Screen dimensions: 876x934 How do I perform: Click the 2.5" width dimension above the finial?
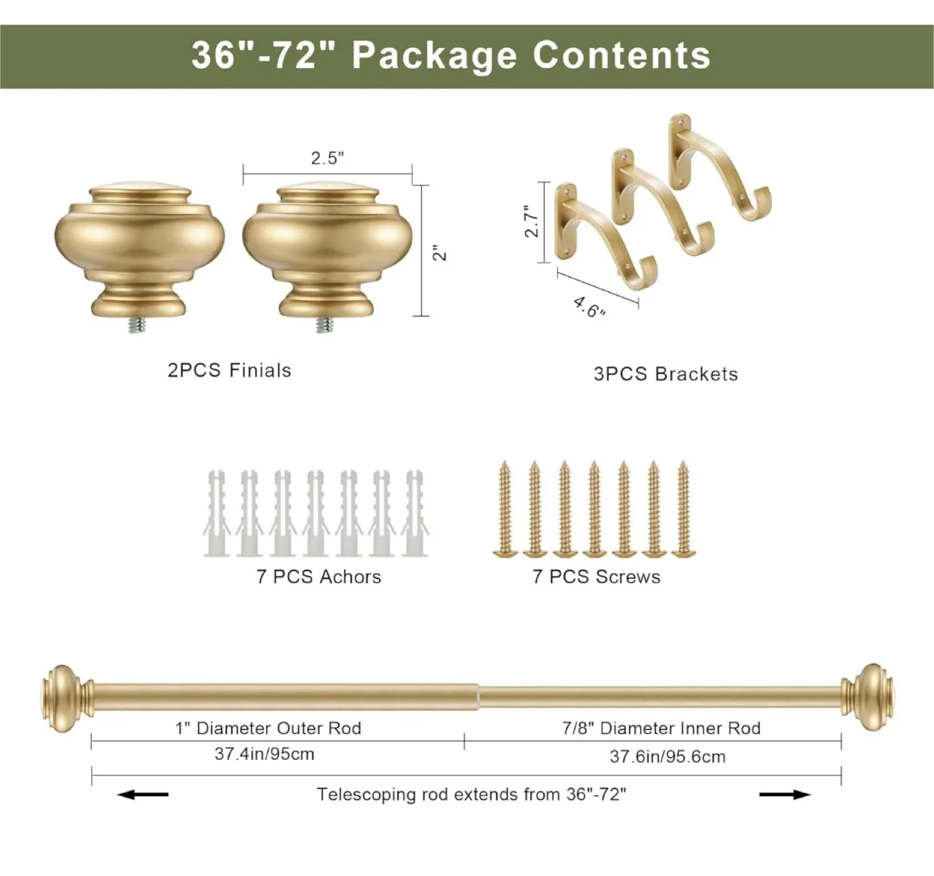[x=327, y=158]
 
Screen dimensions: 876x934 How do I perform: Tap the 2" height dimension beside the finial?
[x=441, y=252]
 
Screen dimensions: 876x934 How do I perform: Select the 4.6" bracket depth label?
[x=589, y=307]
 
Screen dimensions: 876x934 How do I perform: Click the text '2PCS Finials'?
[x=230, y=371]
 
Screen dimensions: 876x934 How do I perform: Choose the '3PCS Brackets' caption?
[x=665, y=374]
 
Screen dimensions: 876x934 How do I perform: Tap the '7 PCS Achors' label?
[x=318, y=576]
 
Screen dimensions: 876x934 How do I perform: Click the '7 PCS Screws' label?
[x=596, y=576]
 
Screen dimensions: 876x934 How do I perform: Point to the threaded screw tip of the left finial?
[x=136, y=326]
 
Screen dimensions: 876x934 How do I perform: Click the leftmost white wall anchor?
[x=216, y=514]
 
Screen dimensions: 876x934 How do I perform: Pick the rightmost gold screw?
[x=683, y=510]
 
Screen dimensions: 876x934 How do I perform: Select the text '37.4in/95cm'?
[x=264, y=754]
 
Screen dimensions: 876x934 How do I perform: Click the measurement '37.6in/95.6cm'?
[x=667, y=757]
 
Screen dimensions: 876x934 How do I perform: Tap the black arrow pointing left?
[x=143, y=794]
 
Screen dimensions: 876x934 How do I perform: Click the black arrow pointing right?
[x=785, y=794]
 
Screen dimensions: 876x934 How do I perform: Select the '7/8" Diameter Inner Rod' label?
[x=661, y=728]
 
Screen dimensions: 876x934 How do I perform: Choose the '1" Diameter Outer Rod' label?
[x=268, y=728]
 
